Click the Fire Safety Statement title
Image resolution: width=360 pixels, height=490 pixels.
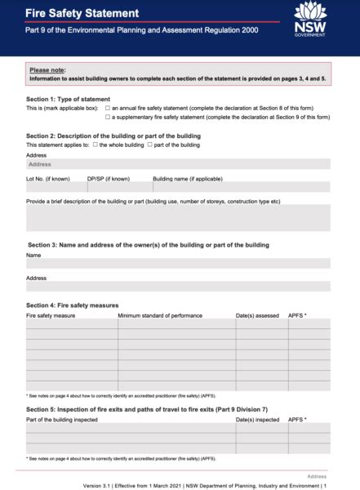point(82,14)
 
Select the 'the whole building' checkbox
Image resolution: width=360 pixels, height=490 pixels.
point(96,145)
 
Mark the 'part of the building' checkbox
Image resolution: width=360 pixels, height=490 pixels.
point(150,145)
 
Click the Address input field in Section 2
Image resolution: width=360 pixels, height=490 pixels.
point(178,164)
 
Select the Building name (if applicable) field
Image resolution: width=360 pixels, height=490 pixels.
point(241,187)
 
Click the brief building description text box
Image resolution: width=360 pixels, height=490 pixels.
point(178,218)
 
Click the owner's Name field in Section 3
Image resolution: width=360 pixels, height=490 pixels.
point(178,264)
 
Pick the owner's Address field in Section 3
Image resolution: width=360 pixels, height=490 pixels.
point(178,287)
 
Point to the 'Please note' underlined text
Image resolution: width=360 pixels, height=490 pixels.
point(47,70)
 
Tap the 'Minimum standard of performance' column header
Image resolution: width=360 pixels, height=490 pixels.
point(160,314)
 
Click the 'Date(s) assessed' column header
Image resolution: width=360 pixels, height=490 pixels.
point(257,314)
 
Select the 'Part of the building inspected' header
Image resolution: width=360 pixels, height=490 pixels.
point(62,420)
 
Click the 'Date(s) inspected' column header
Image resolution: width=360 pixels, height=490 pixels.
point(257,420)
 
